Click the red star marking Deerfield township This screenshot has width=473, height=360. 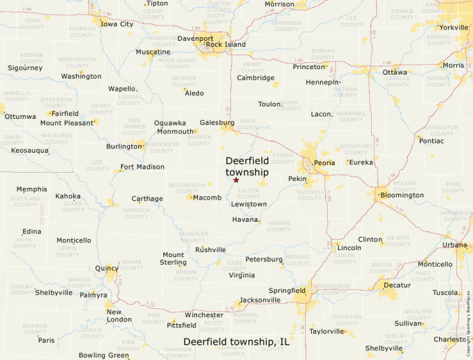click(236, 180)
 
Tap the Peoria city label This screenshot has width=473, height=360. click(324, 163)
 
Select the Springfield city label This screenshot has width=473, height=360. click(287, 290)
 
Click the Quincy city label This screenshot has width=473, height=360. click(107, 268)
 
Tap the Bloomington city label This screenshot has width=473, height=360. click(402, 196)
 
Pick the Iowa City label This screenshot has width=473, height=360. click(117, 24)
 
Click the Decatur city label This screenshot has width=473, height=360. click(396, 285)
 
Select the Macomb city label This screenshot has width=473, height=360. click(207, 198)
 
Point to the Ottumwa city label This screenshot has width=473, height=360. click(20, 116)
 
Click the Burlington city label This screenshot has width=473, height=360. click(124, 146)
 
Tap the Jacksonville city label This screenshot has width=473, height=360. click(260, 301)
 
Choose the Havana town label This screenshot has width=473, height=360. click(245, 220)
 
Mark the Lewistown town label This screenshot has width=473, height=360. click(249, 205)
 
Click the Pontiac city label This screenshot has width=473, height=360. click(432, 141)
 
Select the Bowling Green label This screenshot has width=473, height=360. click(104, 355)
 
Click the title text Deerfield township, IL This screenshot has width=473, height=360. click(236, 342)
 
